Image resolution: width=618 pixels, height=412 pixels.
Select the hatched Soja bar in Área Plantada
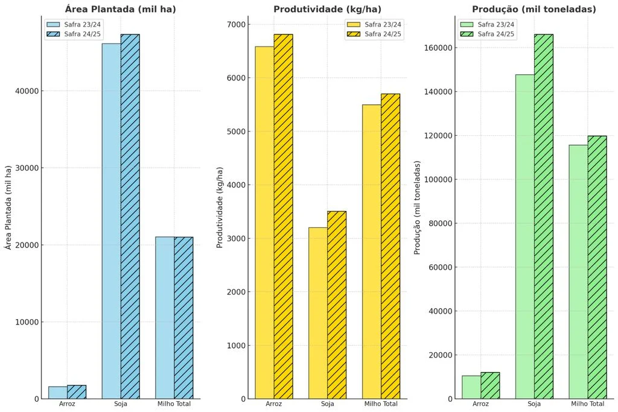coord(130,217)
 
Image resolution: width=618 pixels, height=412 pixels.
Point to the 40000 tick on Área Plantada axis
coord(27,91)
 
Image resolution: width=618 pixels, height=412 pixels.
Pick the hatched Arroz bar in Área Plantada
coord(77,392)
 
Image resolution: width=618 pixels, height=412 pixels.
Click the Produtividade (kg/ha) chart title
coord(327,9)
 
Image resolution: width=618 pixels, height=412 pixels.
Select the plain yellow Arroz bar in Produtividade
coord(265,223)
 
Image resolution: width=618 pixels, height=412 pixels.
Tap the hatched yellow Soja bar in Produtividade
coord(337,305)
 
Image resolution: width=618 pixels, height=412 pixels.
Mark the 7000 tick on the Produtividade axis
coord(237,24)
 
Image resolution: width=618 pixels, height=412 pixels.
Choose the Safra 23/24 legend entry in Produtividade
coord(374,24)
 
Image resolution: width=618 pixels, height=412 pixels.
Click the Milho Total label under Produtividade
coord(381,404)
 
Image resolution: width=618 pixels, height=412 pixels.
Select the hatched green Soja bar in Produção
coord(544,217)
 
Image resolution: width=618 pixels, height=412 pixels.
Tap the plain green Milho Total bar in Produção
coord(579,271)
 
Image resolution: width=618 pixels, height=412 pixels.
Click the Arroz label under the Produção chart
coord(480,404)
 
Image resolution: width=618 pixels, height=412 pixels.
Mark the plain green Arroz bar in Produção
coord(471,387)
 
